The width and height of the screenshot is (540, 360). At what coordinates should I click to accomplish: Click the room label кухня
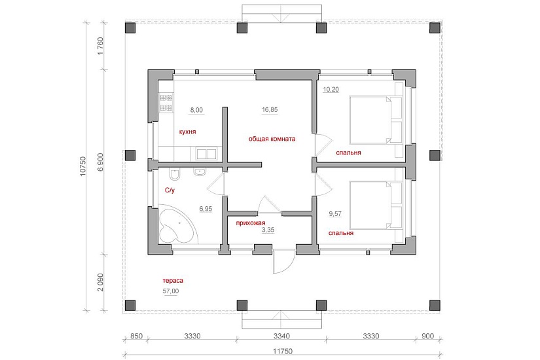188,132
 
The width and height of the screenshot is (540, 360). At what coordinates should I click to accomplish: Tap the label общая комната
272,139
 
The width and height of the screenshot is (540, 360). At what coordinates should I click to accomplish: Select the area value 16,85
270,110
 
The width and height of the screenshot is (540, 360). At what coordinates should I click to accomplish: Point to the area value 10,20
331,90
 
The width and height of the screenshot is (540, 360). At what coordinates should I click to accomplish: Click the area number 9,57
335,214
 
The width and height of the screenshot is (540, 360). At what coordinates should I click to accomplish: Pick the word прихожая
251,223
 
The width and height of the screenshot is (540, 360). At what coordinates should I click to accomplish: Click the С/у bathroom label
170,190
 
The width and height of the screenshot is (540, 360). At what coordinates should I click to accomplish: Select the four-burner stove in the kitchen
166,103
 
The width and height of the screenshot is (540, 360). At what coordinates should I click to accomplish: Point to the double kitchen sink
206,154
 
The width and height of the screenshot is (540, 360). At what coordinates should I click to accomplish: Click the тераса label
173,281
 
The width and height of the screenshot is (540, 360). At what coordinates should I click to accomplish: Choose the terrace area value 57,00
171,291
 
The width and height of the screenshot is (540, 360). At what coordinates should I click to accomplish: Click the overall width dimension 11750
282,351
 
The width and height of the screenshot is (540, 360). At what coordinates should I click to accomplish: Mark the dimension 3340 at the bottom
281,336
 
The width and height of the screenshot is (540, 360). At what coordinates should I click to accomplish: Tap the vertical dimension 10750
82,167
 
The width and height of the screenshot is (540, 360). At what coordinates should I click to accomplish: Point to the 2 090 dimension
100,283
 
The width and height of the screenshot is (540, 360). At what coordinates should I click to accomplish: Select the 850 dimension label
136,336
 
